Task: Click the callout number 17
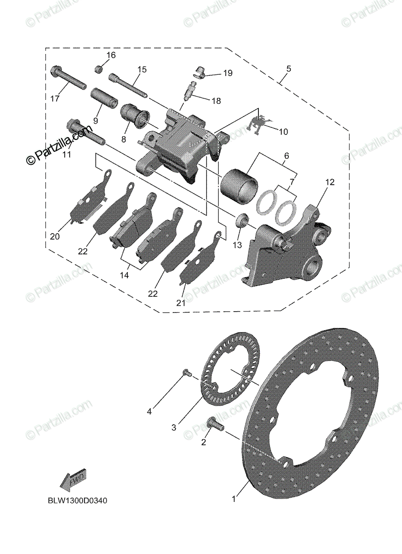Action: (x=55, y=99)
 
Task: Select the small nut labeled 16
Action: (x=98, y=69)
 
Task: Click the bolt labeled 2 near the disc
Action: (x=215, y=423)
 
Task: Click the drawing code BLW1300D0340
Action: (x=77, y=500)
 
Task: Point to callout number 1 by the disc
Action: (x=234, y=499)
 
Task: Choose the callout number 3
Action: (x=174, y=428)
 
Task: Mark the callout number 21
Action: (x=180, y=303)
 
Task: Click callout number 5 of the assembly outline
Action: (x=288, y=69)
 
